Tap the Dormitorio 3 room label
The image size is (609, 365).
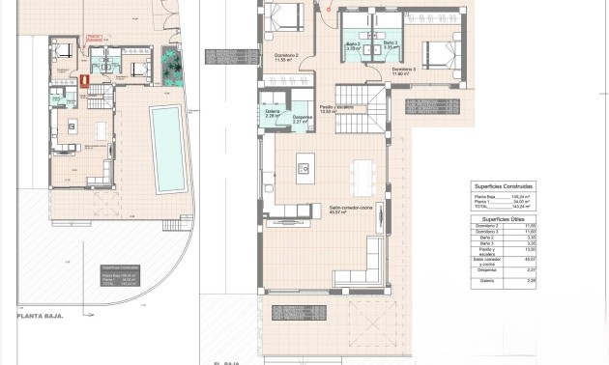click(x=404, y=70)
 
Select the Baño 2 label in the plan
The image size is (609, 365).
click(x=353, y=45)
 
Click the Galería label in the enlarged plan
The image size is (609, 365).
click(x=273, y=113)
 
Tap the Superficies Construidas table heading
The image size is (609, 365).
click(x=503, y=185)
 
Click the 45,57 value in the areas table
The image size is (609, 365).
click(x=529, y=260)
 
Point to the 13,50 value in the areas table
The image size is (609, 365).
click(x=529, y=249)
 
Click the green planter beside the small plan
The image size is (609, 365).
click(x=173, y=68)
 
